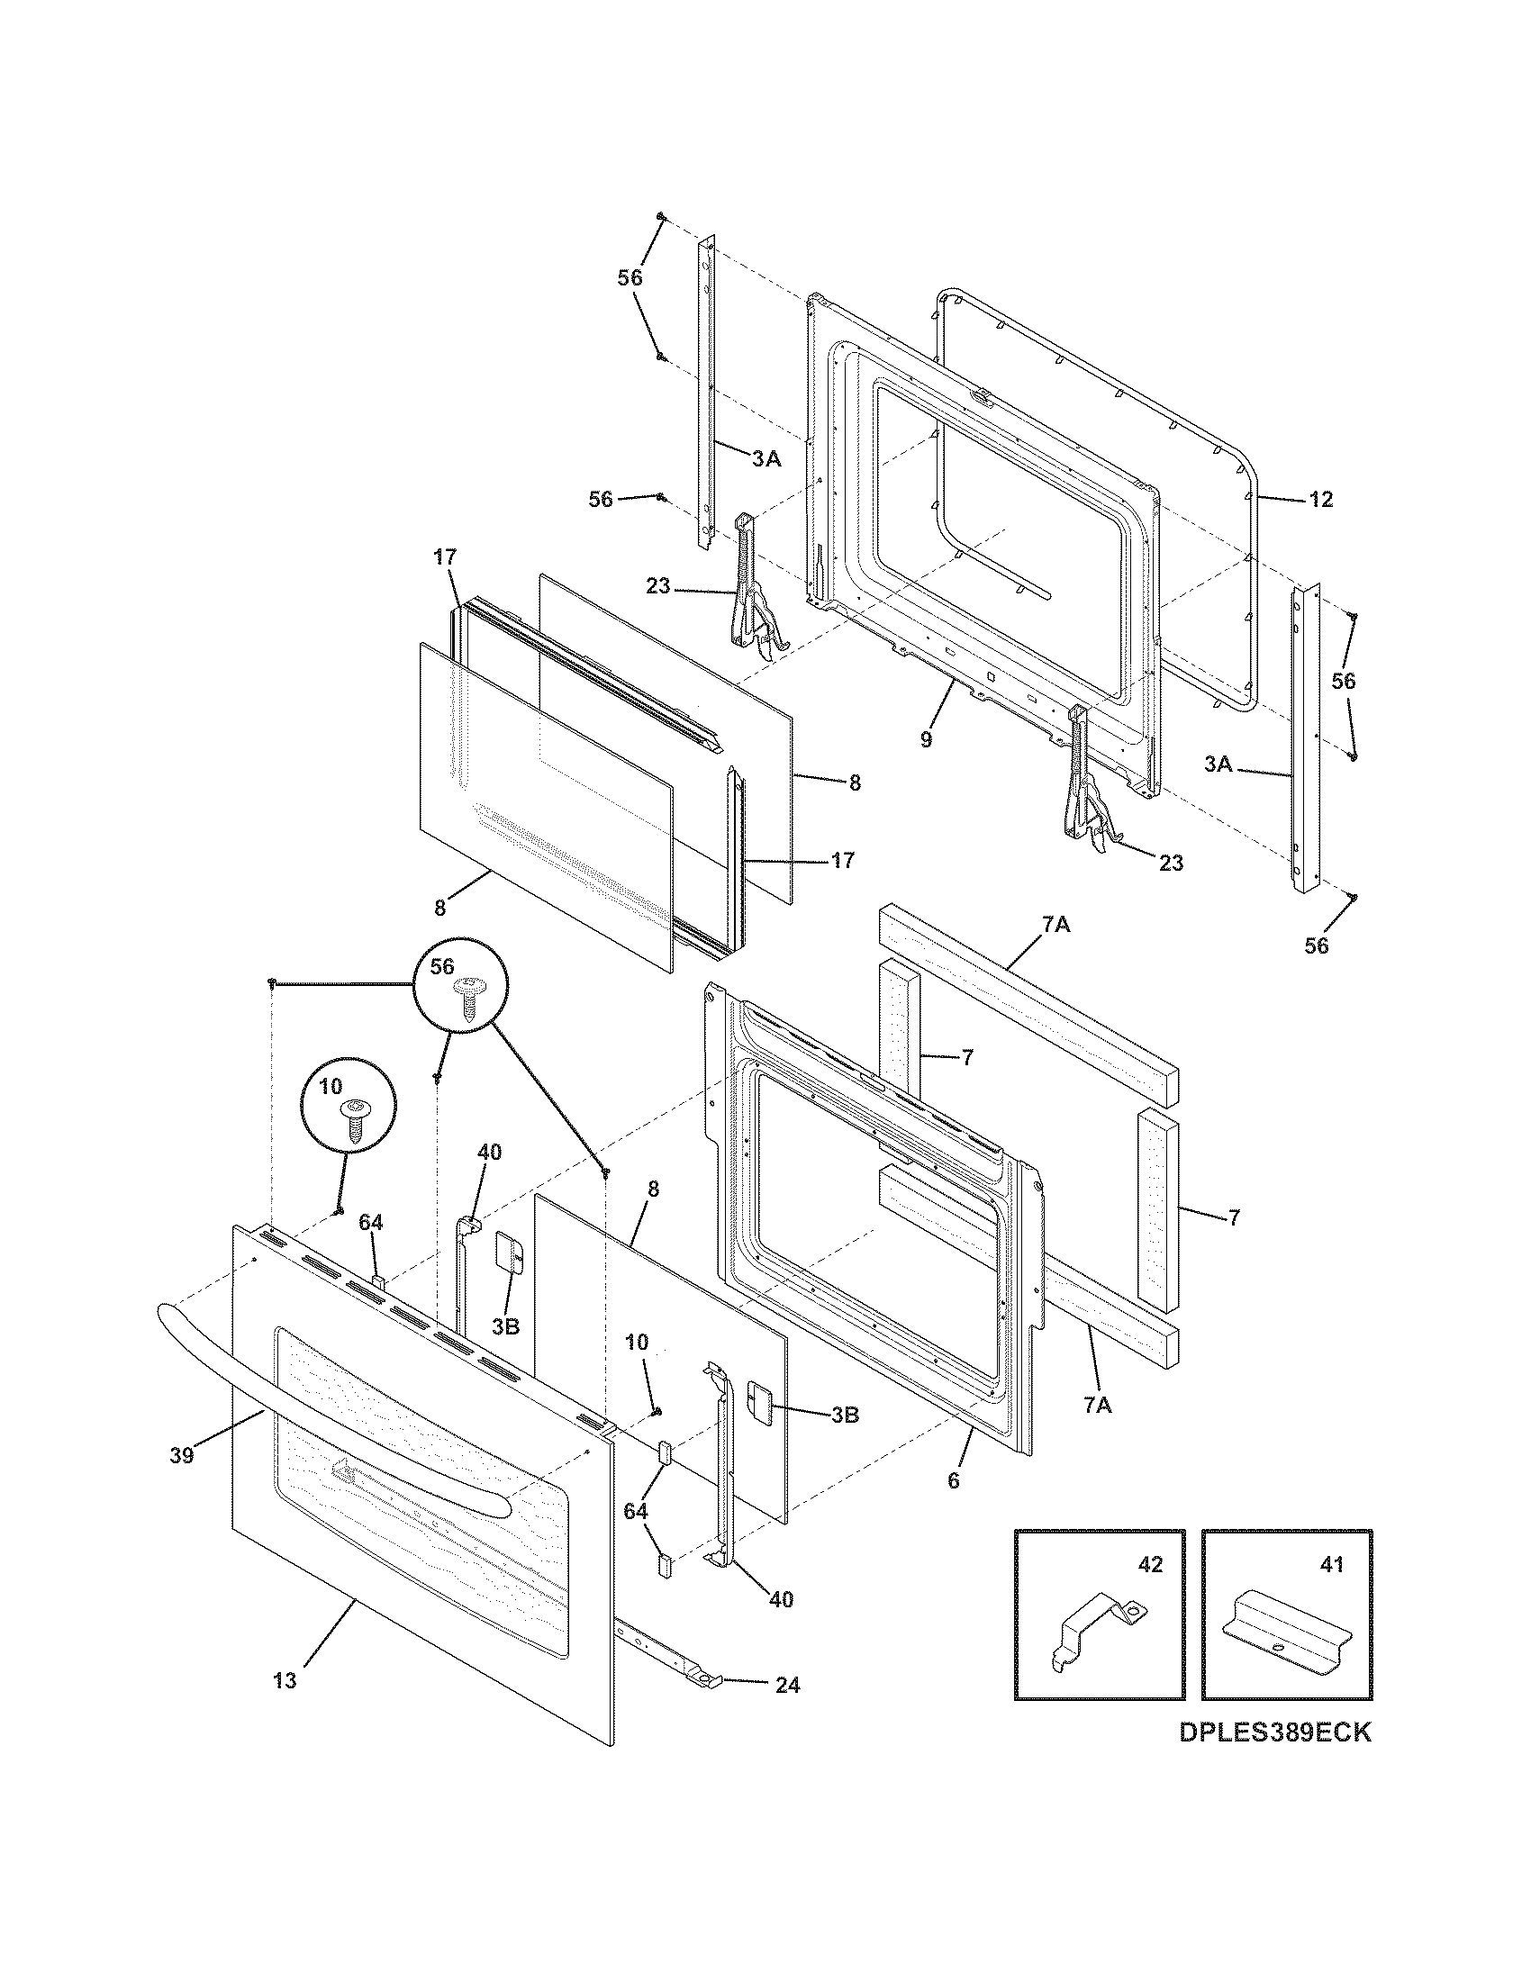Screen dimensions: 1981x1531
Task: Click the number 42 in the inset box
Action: (x=1149, y=1564)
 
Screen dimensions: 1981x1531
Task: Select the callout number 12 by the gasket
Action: (x=1321, y=499)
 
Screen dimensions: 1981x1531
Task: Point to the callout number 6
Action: (x=952, y=1480)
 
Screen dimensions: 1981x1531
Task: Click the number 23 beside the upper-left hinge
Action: (x=657, y=587)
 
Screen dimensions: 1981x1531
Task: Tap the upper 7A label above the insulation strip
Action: (x=1055, y=925)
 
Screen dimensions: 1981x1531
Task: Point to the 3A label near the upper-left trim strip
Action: (x=766, y=459)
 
